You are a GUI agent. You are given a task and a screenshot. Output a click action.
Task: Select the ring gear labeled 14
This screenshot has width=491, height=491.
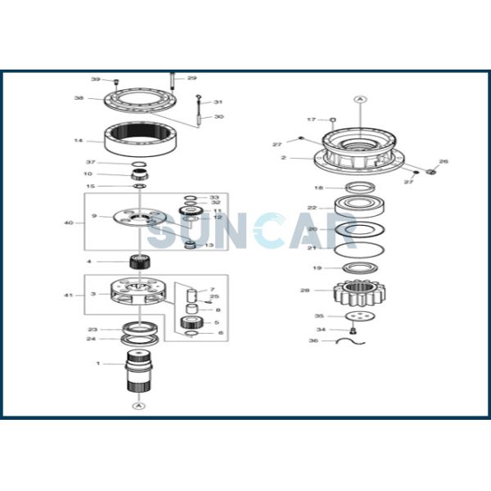[142, 140]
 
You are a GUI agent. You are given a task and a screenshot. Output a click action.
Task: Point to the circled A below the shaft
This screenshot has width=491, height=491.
[139, 407]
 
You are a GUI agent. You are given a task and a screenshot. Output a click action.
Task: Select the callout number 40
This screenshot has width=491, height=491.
[68, 223]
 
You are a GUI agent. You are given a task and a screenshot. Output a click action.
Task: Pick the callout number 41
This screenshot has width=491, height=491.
[69, 295]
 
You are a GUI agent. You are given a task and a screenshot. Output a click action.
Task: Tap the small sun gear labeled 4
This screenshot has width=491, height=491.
[138, 263]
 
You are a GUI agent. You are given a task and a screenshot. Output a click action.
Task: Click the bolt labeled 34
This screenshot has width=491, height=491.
[352, 330]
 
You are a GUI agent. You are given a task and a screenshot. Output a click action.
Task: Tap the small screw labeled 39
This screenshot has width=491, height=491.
[117, 81]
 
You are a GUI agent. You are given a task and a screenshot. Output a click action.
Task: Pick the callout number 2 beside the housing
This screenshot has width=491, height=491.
[283, 157]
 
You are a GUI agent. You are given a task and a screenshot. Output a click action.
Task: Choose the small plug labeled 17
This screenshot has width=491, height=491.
[332, 119]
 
